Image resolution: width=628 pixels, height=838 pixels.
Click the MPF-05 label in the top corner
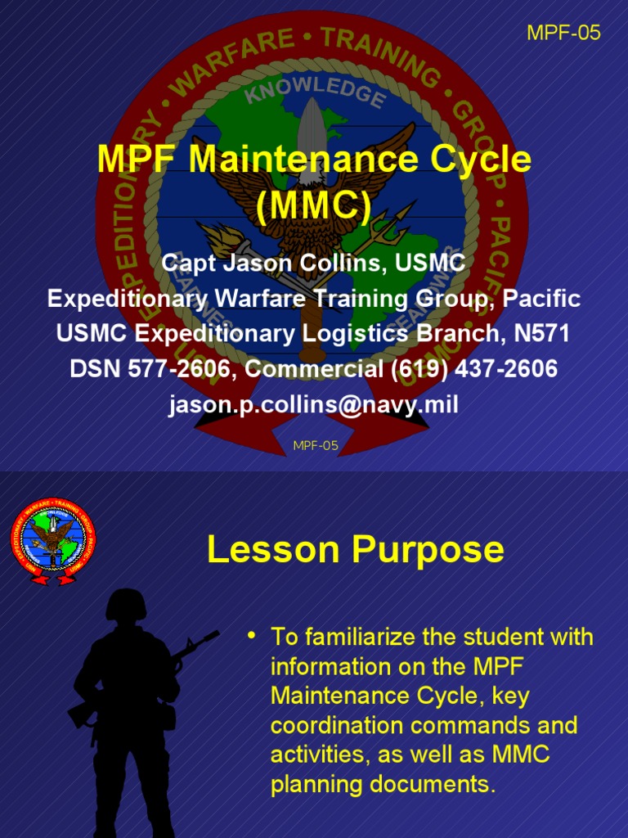(563, 33)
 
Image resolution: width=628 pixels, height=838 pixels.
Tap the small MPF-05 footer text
(315, 445)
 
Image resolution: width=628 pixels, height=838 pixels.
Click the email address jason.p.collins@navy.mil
(313, 404)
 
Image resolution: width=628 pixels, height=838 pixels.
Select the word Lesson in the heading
(273, 550)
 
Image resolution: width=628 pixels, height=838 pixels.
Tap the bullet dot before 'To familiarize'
(253, 635)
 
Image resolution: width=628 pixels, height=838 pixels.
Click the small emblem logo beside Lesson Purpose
(52, 540)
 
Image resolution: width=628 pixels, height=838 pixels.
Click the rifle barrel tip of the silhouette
(216, 633)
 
